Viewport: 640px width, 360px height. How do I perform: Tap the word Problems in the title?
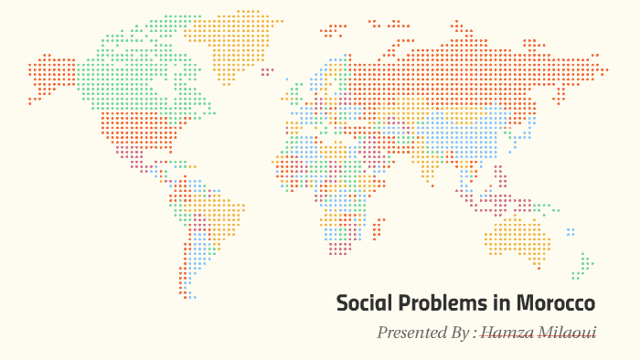coord(434,303)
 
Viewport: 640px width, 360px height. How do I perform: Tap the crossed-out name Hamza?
coord(507,333)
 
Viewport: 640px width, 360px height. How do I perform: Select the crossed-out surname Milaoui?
coord(567,333)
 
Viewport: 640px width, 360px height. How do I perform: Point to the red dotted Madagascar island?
coord(378,226)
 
